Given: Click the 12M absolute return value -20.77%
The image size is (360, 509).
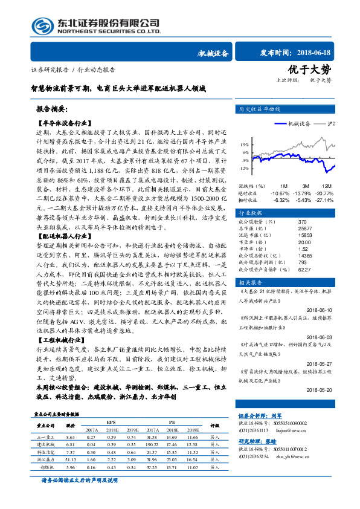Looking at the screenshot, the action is coord(326,193).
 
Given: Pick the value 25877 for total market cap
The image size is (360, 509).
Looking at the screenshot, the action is coord(288,229).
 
